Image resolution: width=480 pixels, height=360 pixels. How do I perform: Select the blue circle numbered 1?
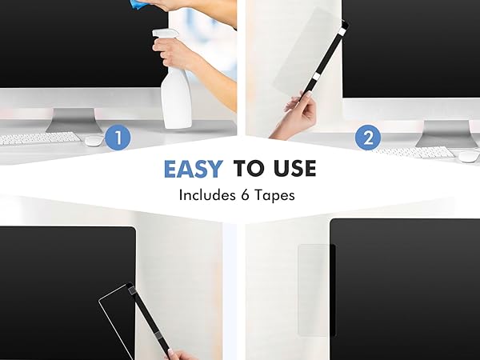click(118, 138)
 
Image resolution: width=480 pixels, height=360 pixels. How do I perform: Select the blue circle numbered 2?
click(367, 138)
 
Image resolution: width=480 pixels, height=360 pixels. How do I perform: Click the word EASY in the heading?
click(194, 168)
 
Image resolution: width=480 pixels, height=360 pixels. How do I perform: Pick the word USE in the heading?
click(293, 168)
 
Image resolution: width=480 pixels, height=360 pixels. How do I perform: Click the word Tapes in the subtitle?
click(275, 194)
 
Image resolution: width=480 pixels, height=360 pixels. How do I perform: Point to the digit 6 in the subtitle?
click(242, 194)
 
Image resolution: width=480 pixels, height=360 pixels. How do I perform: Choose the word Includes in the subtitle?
click(206, 194)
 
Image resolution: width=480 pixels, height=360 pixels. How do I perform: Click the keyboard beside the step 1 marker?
click(40, 138)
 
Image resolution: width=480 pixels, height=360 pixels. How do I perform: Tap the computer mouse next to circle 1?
click(94, 141)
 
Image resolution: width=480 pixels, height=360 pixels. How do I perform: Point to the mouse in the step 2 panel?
click(466, 154)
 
